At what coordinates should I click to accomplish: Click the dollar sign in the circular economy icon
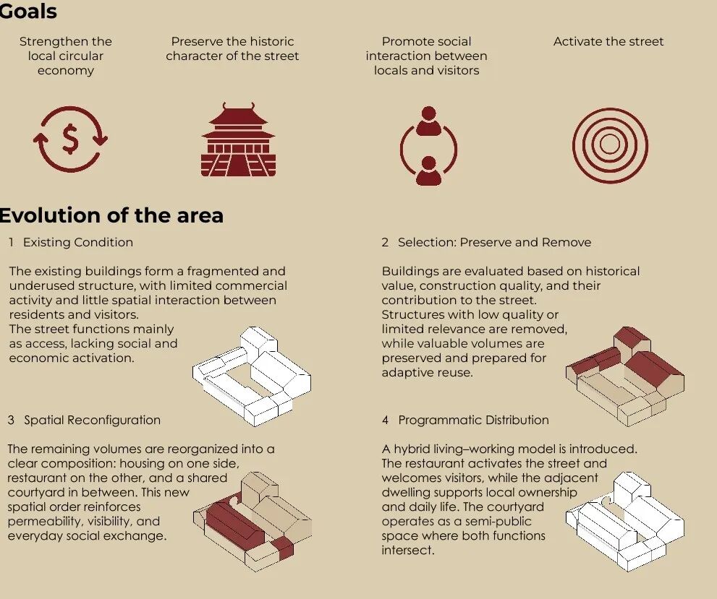pos(70,139)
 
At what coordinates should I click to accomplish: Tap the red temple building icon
pos(238,139)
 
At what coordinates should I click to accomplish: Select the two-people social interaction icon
pos(428,146)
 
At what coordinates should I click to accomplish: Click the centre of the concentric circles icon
pos(610,145)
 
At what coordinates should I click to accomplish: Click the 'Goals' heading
pos(27,11)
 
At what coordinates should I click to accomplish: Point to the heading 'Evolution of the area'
pos(111,215)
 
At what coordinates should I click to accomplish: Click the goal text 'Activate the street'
pos(608,41)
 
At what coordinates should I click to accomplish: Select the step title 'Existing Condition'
pos(78,242)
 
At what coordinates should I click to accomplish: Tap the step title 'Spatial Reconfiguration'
pos(93,420)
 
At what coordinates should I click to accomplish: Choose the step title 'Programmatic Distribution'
pos(473,420)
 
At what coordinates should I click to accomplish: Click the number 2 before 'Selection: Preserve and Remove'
pos(385,242)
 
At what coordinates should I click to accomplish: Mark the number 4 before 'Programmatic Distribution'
pos(386,420)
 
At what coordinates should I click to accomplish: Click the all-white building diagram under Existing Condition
pos(252,376)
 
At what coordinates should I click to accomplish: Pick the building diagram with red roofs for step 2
pos(625,376)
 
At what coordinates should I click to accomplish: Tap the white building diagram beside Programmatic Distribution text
pos(625,522)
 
